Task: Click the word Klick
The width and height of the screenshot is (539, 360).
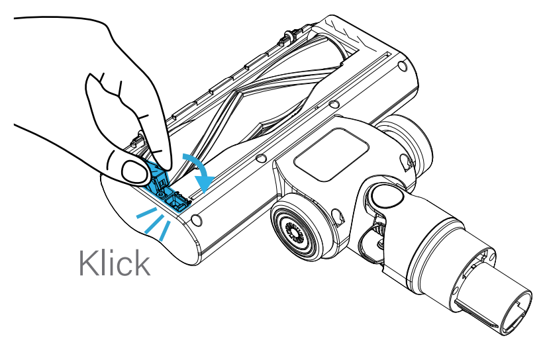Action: (x=115, y=263)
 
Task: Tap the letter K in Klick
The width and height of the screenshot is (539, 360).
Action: (x=87, y=263)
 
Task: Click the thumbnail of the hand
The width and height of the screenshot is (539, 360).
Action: (x=134, y=171)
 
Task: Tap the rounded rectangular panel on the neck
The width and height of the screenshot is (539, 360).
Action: (x=331, y=154)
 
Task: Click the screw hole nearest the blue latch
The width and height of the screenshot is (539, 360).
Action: (x=196, y=220)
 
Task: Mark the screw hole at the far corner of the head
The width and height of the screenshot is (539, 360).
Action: (x=402, y=66)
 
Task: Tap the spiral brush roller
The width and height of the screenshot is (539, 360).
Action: (x=262, y=100)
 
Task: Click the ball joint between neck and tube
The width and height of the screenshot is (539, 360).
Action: (x=385, y=195)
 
